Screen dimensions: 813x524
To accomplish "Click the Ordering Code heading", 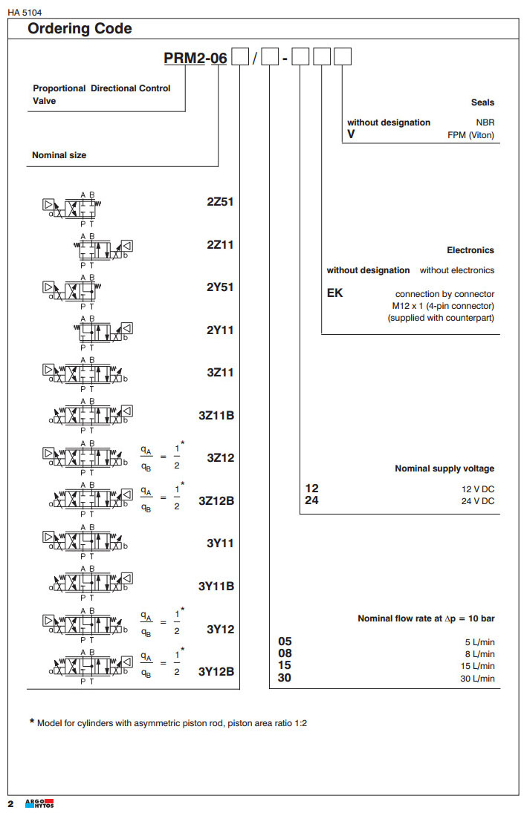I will (x=80, y=29).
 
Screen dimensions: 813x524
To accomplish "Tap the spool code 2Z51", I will (x=220, y=201).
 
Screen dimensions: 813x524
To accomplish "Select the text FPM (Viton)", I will (x=470, y=135).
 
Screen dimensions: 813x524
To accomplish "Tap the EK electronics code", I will (x=335, y=293).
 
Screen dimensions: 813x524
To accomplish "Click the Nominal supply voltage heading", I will (x=444, y=468).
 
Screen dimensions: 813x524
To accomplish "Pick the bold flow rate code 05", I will (x=285, y=641).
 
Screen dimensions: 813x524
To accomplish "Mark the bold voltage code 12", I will (x=312, y=489).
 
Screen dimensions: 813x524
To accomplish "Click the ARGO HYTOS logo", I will (x=39, y=803).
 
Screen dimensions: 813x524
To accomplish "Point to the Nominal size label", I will (x=59, y=155).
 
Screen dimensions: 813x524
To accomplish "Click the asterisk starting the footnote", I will (x=32, y=722).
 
